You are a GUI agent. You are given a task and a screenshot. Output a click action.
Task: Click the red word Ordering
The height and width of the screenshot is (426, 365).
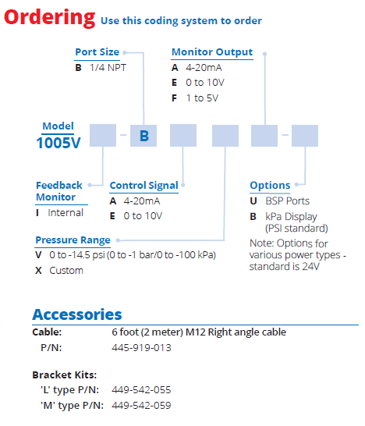pos(50,18)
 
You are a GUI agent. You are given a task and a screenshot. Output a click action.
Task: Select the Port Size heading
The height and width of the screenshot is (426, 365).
pos(97,52)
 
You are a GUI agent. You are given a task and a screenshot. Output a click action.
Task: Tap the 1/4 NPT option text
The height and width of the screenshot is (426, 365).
pos(108,68)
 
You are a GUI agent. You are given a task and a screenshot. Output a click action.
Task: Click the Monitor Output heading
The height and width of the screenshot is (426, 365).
pos(212,52)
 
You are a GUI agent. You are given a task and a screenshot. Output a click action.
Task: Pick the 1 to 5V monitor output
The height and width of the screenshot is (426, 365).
pos(202,98)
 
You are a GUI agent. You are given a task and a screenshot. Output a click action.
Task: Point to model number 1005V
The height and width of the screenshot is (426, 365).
pos(58,143)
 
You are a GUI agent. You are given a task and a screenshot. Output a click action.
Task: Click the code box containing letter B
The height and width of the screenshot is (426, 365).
pos(144,136)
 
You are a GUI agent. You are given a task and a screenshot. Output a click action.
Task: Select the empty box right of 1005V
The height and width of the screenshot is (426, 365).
pos(103,135)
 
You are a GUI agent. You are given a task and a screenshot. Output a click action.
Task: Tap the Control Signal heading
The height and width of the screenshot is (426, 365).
pos(144,185)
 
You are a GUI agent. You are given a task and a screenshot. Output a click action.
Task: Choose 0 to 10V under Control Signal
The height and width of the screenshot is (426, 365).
pos(143,216)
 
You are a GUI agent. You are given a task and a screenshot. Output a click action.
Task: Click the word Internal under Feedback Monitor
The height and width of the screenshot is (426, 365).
pos(66,213)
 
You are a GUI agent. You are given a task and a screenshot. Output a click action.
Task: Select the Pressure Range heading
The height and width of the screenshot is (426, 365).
pos(73,240)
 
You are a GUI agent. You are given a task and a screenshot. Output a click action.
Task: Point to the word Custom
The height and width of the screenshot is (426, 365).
pos(66,271)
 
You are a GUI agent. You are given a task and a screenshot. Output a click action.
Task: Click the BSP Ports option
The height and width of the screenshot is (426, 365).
pos(288,201)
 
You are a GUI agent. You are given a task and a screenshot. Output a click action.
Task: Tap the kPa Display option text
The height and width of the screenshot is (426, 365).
pos(292,217)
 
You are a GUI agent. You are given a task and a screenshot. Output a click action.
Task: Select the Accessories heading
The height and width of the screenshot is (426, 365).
pos(77,314)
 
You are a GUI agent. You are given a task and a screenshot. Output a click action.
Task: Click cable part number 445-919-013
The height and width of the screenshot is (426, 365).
pos(141,348)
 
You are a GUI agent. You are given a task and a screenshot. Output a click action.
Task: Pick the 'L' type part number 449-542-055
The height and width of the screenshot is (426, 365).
pos(141,390)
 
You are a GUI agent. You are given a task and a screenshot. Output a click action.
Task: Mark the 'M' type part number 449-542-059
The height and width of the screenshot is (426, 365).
pos(141,406)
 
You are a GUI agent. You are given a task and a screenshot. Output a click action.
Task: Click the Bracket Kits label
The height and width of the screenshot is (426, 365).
pos(65,375)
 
